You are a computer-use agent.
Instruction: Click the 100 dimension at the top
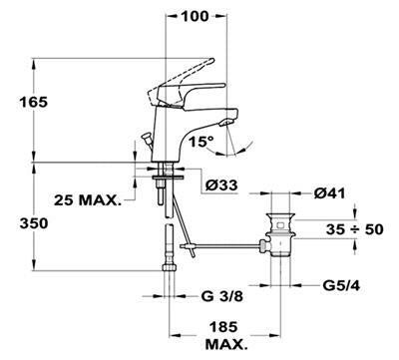pyautogui.click(x=196, y=16)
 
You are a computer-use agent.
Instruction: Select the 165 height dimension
pyautogui.click(x=33, y=102)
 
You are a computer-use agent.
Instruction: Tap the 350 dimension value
pyautogui.click(x=34, y=223)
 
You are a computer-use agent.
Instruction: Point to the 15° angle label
pyautogui.click(x=201, y=143)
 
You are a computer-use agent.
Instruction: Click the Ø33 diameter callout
pyautogui.click(x=221, y=185)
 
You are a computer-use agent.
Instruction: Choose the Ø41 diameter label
pyautogui.click(x=329, y=193)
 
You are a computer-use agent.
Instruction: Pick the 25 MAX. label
pyautogui.click(x=88, y=200)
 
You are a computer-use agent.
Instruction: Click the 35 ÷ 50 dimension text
pyautogui.click(x=354, y=229)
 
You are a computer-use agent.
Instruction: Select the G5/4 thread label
pyautogui.click(x=341, y=285)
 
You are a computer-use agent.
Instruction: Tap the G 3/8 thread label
pyautogui.click(x=221, y=296)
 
